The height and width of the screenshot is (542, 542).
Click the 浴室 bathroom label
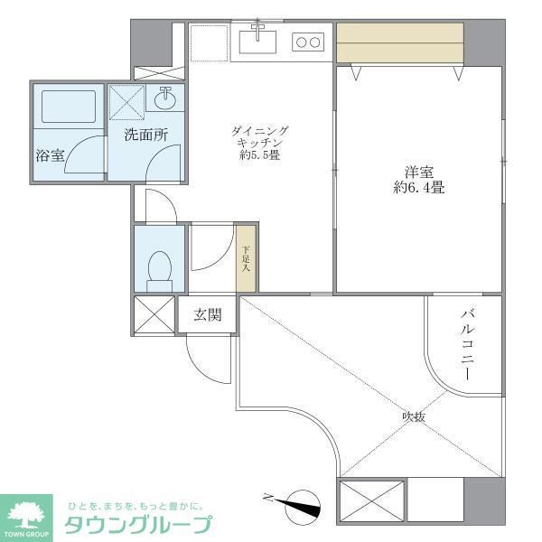pos(50,155)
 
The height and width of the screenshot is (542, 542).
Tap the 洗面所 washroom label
pos(145,135)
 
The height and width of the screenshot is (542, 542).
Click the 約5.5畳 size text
pos(260,155)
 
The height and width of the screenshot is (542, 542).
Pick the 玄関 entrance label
pos(208,315)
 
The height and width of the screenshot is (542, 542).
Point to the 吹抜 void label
pos(415,416)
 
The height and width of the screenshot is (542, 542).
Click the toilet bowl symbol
pos(159,266)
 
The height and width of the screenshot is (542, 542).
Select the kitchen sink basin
pos(258,40)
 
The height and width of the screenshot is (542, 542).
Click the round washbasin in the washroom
pos(165,98)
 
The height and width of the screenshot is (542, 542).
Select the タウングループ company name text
pos(136,523)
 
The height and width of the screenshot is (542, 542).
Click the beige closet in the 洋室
pos(398,42)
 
